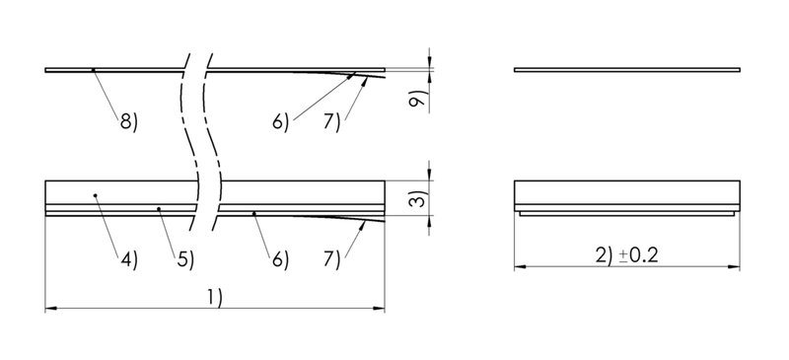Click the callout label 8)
pyautogui.click(x=128, y=121)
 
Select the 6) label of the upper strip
pyautogui.click(x=280, y=121)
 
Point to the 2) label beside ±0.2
pyautogui.click(x=605, y=254)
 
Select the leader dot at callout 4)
pyautogui.click(x=95, y=195)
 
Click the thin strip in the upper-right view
pyautogui.click(x=627, y=70)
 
